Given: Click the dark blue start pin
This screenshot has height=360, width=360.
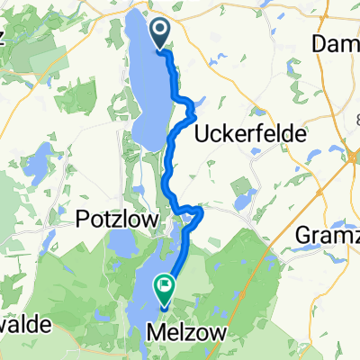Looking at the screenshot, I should [x=162, y=34].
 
